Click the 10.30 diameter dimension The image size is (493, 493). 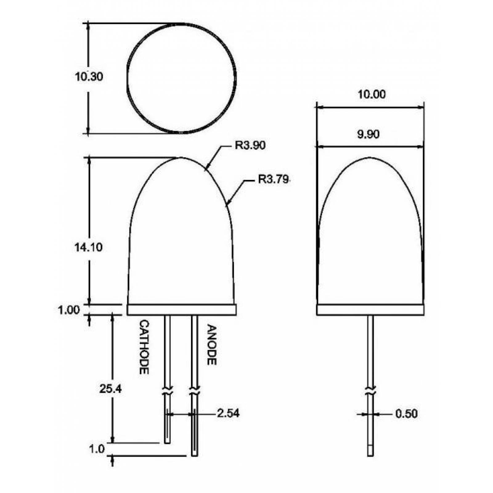pyautogui.click(x=89, y=76)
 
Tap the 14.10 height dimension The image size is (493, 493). pyautogui.click(x=88, y=247)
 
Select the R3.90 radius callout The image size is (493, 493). pyautogui.click(x=250, y=145)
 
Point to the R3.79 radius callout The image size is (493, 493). pyautogui.click(x=274, y=179)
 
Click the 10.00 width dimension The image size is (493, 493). pyautogui.click(x=371, y=94)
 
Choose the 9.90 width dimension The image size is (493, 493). pyautogui.click(x=369, y=134)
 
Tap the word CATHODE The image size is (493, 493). pyautogui.click(x=144, y=347)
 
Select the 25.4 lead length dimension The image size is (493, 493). pyautogui.click(x=110, y=389)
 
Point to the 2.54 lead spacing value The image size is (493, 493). pyautogui.click(x=228, y=413)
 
